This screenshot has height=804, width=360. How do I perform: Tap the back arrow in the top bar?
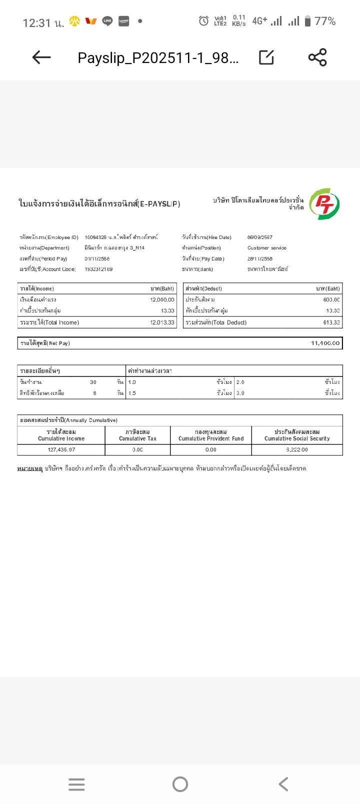pos(41,57)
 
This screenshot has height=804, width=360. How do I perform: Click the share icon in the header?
pos(317,57)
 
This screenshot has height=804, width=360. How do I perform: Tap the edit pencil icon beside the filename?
pos(266,57)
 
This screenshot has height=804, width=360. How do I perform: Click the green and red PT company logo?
pos(324,204)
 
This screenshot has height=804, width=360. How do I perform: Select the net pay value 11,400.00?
pos(325,343)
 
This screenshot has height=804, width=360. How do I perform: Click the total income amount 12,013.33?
pos(162,322)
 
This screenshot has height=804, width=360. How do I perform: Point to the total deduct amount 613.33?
pos(331,322)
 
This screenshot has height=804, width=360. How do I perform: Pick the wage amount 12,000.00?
pos(162,299)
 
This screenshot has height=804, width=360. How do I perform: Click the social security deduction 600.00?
pos(331,299)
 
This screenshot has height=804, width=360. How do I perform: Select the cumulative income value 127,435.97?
pos(61,449)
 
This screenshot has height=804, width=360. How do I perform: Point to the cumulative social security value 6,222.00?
pos(297,449)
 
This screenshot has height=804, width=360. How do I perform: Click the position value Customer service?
pos(267,248)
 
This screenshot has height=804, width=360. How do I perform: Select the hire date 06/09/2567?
pos(260,237)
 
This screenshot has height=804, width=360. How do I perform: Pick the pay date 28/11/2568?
pos(260,258)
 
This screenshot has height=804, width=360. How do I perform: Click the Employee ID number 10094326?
pos(95,237)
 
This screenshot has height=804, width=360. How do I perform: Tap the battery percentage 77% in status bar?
pos(324,21)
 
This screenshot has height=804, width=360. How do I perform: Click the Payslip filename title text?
pos(158,58)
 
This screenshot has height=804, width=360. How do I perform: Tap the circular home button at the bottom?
pos(180,784)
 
